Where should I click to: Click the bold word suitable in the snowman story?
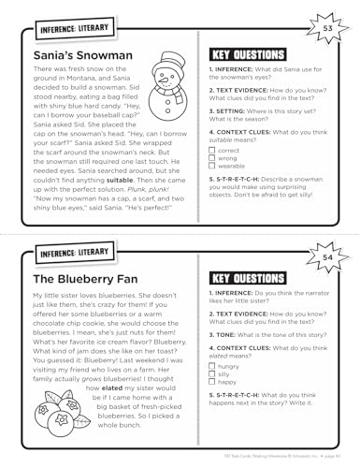130,196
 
